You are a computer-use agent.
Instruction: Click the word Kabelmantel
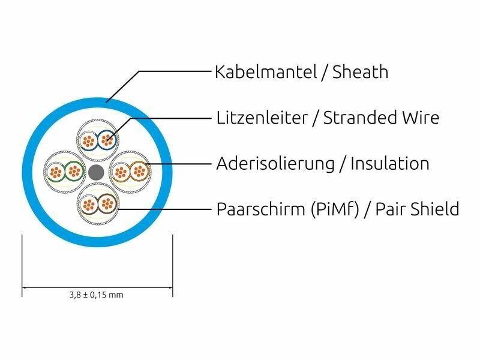pyautogui.click(x=265, y=73)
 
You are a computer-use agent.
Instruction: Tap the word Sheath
pyautogui.click(x=360, y=73)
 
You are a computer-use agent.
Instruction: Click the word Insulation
pyautogui.click(x=390, y=163)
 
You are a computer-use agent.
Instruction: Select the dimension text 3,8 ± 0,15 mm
pyautogui.click(x=97, y=295)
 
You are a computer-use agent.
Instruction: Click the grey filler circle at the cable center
pyautogui.click(x=97, y=173)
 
